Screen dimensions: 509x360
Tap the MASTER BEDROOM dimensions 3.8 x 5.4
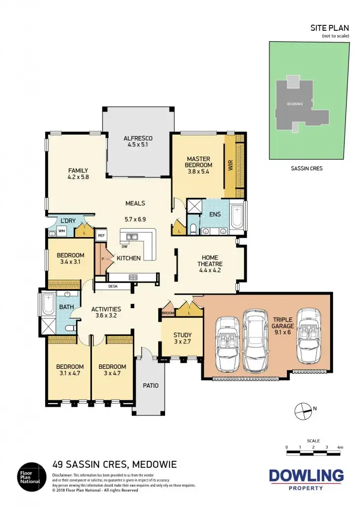coord(198,172)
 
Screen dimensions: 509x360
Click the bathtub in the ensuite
coord(237,216)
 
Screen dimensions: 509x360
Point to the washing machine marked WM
coord(62,231)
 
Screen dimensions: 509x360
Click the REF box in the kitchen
coord(101,236)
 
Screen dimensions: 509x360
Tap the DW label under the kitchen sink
coord(124,247)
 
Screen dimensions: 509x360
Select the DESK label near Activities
coord(113,286)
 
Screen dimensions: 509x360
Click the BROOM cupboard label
coord(167,314)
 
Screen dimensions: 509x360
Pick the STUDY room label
coord(182,335)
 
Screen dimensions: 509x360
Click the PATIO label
coord(150,385)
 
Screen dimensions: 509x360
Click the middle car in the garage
coord(254,340)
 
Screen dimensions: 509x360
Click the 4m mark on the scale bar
coord(340,447)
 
